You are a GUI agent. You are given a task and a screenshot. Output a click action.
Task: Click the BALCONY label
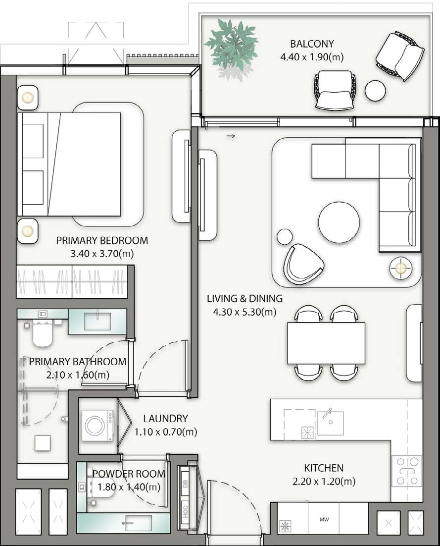312,44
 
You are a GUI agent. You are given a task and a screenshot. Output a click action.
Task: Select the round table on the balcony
375,90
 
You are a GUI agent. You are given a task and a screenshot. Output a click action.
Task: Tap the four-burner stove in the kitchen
407,471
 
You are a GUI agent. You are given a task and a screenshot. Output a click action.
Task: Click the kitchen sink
330,423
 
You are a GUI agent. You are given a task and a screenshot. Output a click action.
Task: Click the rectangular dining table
326,343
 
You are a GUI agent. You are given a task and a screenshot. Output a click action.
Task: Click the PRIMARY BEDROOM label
102,241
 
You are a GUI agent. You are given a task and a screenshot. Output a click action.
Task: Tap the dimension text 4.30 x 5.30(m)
244,312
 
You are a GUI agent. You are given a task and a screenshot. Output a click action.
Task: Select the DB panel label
186,484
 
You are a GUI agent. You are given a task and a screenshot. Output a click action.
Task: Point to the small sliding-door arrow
230,135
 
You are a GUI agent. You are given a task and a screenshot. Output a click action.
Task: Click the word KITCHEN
324,468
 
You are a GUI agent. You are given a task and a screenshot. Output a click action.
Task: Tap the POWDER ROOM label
129,474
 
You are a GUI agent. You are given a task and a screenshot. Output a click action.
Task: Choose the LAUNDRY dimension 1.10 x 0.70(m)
165,432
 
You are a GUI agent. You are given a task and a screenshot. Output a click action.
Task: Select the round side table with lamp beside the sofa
400,269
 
